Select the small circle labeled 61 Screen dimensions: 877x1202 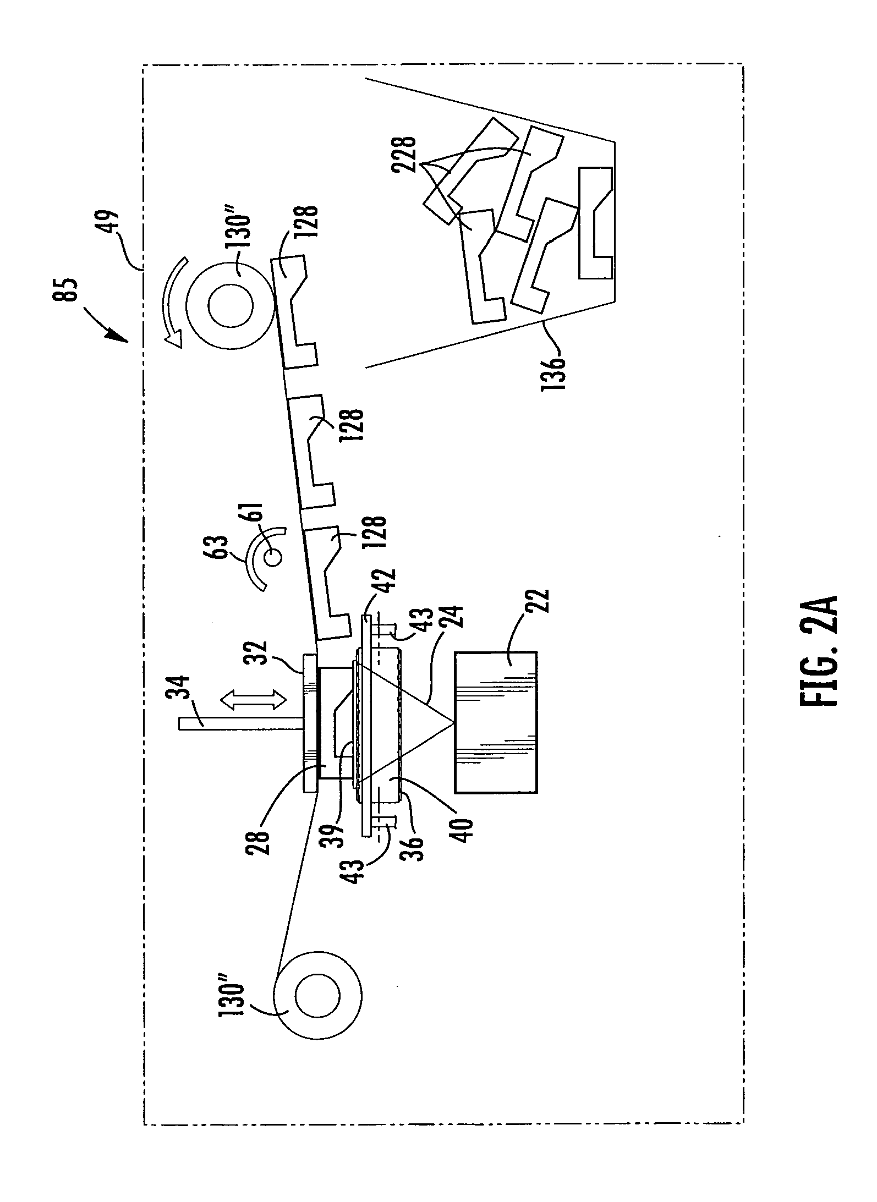click(273, 558)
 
